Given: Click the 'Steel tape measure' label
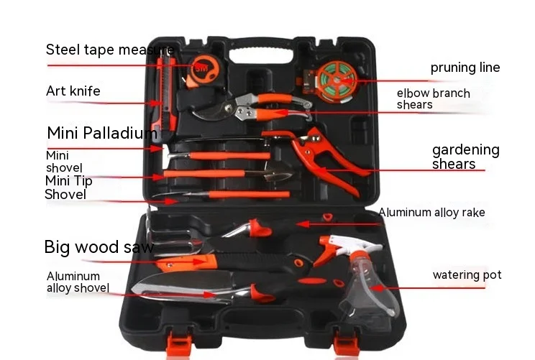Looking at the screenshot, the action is tap(109, 50).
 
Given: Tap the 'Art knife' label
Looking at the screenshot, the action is tap(73, 91).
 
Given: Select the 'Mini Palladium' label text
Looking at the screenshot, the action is tap(101, 133).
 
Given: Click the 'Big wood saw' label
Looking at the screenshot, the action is tap(99, 248).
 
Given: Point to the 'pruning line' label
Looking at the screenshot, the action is tap(465, 68).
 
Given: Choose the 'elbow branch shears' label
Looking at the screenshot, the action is tap(433, 99).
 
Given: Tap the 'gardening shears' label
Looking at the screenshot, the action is tap(465, 157).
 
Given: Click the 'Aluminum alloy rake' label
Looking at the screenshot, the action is tap(431, 212).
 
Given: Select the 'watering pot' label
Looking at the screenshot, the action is tap(467, 274).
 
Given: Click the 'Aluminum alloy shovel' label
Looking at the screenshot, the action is tap(78, 282).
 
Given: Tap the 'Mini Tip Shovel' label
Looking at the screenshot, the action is tap(68, 188).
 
